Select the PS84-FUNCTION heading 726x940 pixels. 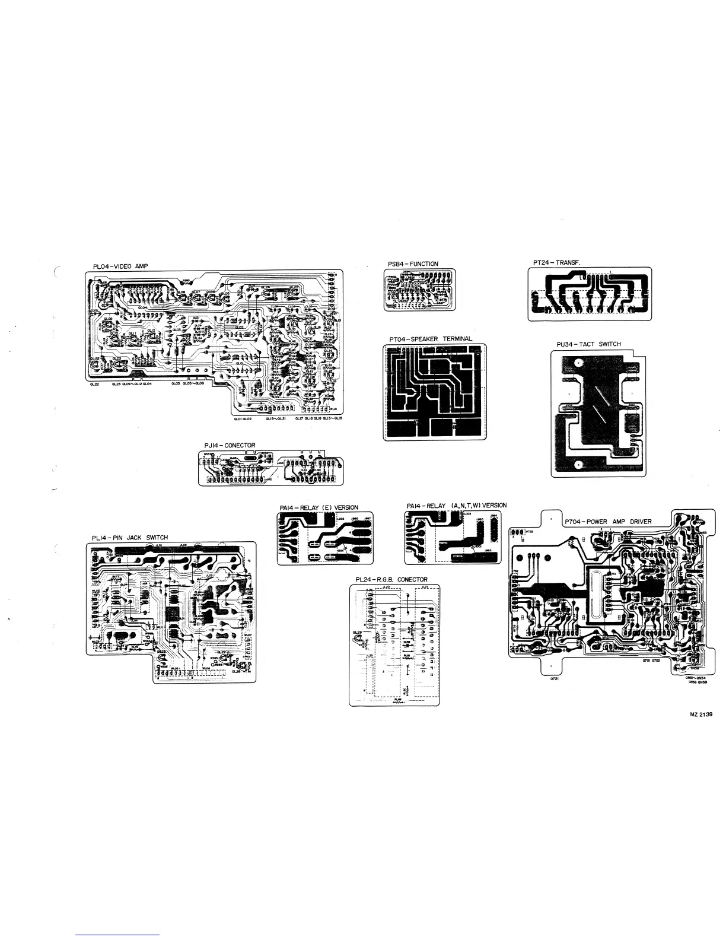413,264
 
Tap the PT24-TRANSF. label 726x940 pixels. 556,262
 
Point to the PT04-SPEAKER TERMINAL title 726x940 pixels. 431,339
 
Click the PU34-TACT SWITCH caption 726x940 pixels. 588,344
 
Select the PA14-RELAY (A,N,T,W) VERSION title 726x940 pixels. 457,506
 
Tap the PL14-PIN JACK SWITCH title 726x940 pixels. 130,538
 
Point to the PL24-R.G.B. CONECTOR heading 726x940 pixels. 391,580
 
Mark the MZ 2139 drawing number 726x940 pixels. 700,715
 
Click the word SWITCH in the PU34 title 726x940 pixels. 610,344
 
